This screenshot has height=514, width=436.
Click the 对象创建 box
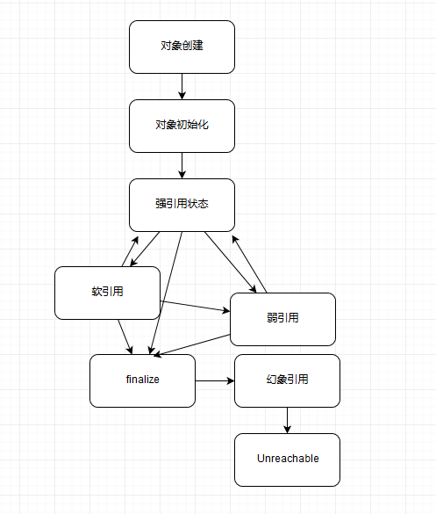point(182,47)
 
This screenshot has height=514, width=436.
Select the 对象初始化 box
point(182,126)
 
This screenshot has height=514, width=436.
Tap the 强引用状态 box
point(182,205)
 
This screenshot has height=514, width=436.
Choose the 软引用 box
point(107,293)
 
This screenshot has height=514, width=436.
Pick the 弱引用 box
point(282,319)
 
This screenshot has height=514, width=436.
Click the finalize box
point(142,380)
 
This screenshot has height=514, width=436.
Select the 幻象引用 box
point(287,380)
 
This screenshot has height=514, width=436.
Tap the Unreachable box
point(287,460)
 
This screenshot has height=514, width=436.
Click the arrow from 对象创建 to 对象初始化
point(182,86)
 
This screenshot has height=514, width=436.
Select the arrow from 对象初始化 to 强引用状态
point(182,165)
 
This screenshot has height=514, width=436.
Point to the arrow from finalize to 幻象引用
point(215,381)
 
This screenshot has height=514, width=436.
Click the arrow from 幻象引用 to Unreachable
point(287,420)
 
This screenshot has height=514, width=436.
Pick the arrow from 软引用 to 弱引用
point(195,306)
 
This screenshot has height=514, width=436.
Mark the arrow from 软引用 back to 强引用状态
point(127,250)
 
